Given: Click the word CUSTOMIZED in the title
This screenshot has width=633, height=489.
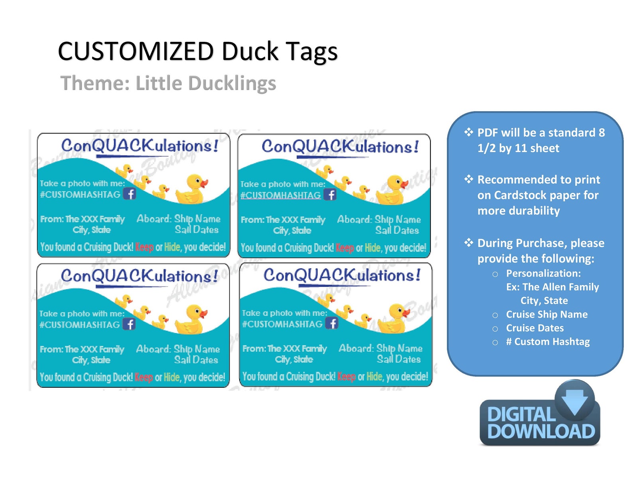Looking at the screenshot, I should tap(136, 51).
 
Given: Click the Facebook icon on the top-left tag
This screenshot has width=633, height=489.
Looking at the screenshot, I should tap(130, 194).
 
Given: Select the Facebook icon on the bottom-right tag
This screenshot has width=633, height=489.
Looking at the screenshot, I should tap(332, 323).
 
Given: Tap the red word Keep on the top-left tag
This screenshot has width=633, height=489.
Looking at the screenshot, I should tap(144, 247).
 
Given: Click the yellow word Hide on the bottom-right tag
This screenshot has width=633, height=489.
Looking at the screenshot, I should tap(374, 377).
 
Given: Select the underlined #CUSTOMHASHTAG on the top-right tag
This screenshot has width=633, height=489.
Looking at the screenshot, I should tap(281, 195).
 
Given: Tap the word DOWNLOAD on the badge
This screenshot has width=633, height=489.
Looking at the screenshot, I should tap(541, 432).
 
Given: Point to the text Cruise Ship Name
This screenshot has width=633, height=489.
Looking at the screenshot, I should tap(547, 314).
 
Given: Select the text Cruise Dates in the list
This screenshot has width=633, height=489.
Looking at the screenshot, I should tap(535, 328).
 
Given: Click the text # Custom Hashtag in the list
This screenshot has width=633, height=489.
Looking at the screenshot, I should tap(548, 342).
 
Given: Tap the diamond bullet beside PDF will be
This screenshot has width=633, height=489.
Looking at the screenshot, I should tap(469, 132).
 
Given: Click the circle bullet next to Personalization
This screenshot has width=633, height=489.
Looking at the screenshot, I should tap(495, 274).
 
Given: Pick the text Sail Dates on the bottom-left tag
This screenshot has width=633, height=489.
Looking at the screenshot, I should tap(196, 360).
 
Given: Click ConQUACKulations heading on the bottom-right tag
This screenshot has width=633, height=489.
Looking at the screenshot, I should tap(342, 275).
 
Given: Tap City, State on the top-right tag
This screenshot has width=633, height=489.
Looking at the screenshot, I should tap(292, 230).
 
